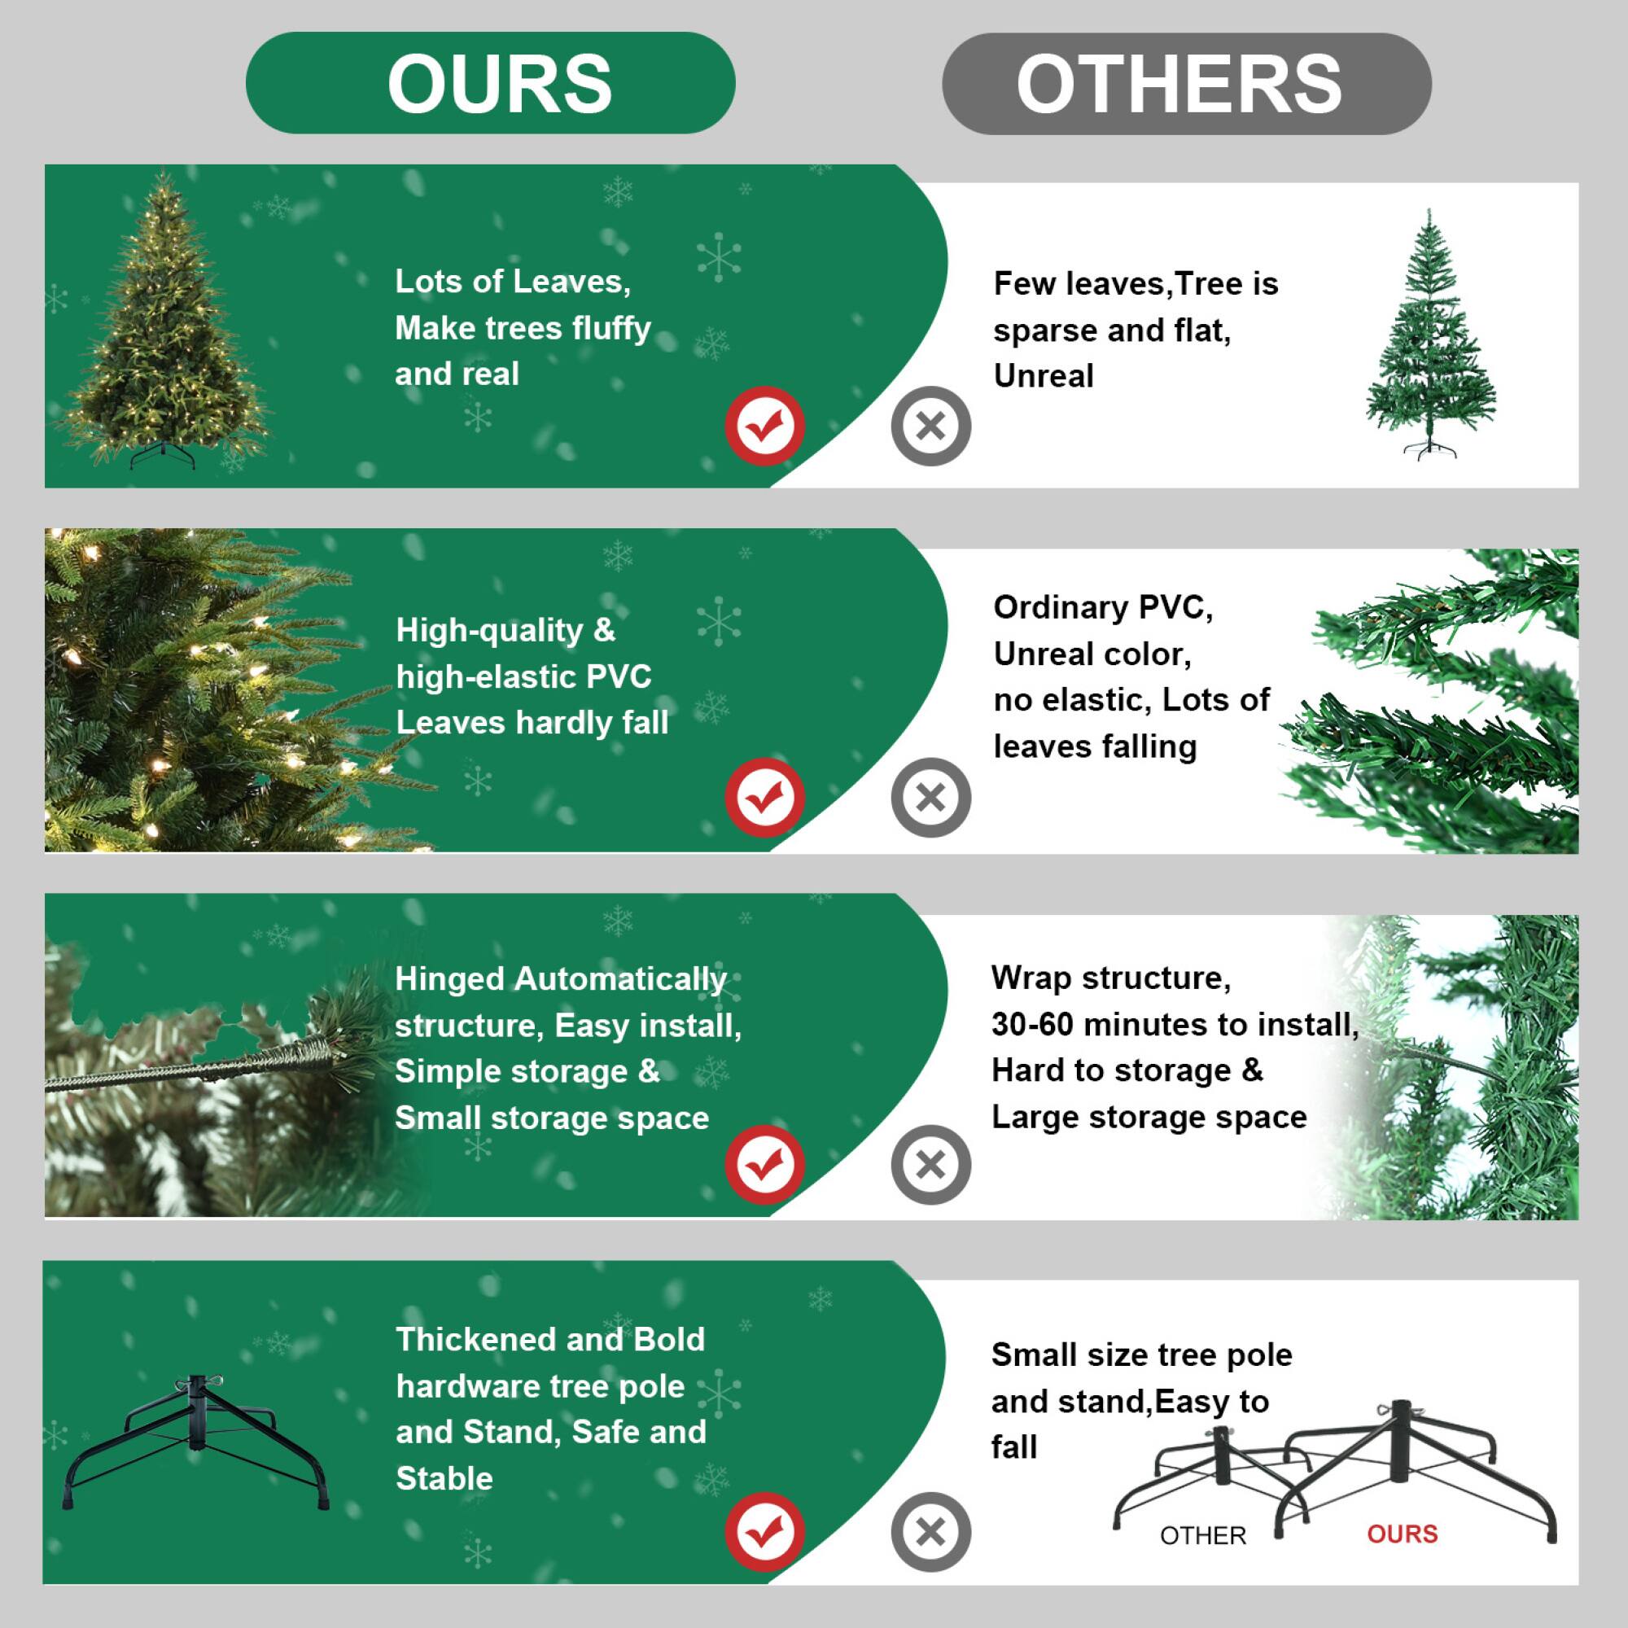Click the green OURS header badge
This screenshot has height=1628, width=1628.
(490, 82)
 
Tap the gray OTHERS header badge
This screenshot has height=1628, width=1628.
(1187, 83)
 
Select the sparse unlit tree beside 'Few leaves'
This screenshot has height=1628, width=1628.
(1430, 337)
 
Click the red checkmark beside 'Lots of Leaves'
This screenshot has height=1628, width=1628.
(764, 427)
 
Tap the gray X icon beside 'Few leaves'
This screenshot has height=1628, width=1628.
(930, 427)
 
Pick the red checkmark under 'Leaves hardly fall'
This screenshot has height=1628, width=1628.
(764, 797)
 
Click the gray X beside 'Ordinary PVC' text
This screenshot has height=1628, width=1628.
(930, 797)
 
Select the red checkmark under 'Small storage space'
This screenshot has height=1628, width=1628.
(764, 1165)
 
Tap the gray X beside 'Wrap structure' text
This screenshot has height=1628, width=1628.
(930, 1165)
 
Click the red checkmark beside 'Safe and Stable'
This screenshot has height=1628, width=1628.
(764, 1532)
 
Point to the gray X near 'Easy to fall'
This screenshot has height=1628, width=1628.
(930, 1532)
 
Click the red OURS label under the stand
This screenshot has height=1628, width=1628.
(1403, 1534)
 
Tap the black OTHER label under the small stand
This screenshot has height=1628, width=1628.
(1202, 1535)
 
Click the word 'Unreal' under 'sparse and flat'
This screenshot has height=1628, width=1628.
(1044, 376)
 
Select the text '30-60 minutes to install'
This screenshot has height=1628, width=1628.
(1174, 1024)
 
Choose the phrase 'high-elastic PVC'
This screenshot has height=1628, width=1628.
(523, 676)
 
